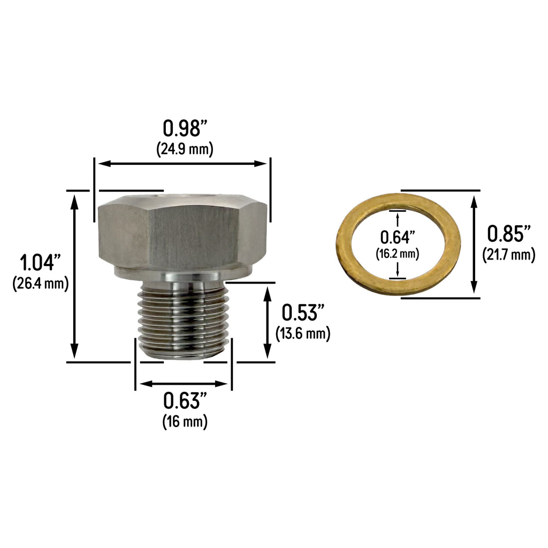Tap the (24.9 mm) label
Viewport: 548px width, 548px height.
(x=185, y=149)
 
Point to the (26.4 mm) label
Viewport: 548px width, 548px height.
(x=40, y=283)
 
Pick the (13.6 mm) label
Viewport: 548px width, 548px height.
(x=303, y=333)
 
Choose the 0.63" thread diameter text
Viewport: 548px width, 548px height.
(x=185, y=400)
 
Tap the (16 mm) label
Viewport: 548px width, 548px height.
(x=185, y=421)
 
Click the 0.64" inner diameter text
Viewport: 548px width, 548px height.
(x=398, y=237)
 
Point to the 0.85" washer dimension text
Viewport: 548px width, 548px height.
(x=508, y=234)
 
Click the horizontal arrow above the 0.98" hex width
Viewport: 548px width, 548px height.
(x=181, y=164)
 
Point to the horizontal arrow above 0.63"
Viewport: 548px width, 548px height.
(x=183, y=384)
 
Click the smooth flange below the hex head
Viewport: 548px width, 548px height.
(x=182, y=275)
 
